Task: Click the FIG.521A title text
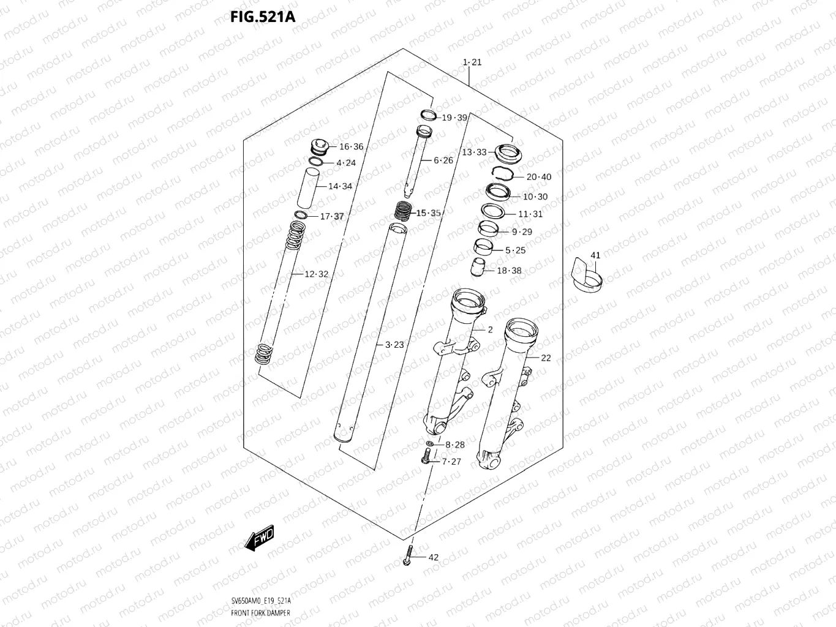click(x=263, y=17)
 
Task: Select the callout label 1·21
click(x=472, y=62)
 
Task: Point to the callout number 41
click(x=595, y=255)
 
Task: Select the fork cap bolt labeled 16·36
click(x=319, y=147)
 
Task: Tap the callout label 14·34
click(x=340, y=186)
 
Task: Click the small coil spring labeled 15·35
click(x=402, y=212)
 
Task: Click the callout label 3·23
click(x=394, y=345)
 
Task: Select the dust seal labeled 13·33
click(x=507, y=153)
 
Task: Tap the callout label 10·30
click(x=535, y=197)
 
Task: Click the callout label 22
click(x=546, y=358)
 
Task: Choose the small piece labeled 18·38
click(x=478, y=268)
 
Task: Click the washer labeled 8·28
click(x=431, y=443)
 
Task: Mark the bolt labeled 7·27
click(x=427, y=456)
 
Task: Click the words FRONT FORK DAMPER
click(x=261, y=613)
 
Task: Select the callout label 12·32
click(x=316, y=274)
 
